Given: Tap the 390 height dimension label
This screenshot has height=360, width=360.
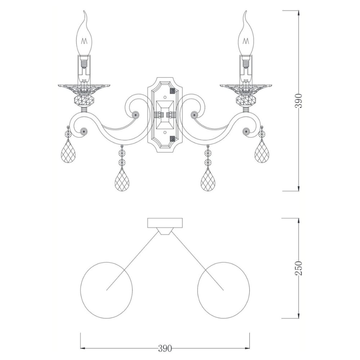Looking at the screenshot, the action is click(299, 100).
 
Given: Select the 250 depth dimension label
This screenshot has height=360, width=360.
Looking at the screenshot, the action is click(299, 268).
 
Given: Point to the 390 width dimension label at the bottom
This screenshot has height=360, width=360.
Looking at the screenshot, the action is click(165, 348).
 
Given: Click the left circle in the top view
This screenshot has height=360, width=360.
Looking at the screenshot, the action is click(81, 290).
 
